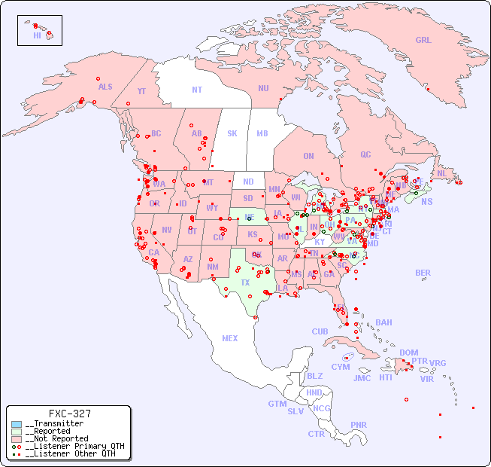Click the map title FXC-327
pyautogui.click(x=69, y=414)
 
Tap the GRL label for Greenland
pyautogui.click(x=423, y=40)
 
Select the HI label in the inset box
pyautogui.click(x=38, y=35)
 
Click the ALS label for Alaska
pyautogui.click(x=105, y=87)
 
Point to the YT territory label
pyautogui.click(x=141, y=91)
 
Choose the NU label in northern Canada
pyautogui.click(x=263, y=88)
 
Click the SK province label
pyautogui.click(x=232, y=133)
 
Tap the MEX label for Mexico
pyautogui.click(x=230, y=338)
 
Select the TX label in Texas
pyautogui.click(x=245, y=282)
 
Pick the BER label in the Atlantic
pyautogui.click(x=423, y=273)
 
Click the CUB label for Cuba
pyautogui.click(x=320, y=331)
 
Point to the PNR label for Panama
pyautogui.click(x=359, y=425)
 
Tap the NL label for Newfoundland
pyautogui.click(x=441, y=172)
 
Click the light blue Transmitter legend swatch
pyautogui.click(x=17, y=424)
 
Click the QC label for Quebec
pyautogui.click(x=365, y=154)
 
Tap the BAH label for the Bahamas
pyautogui.click(x=383, y=322)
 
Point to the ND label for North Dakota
pyautogui.click(x=248, y=182)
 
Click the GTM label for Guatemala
pyautogui.click(x=277, y=404)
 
